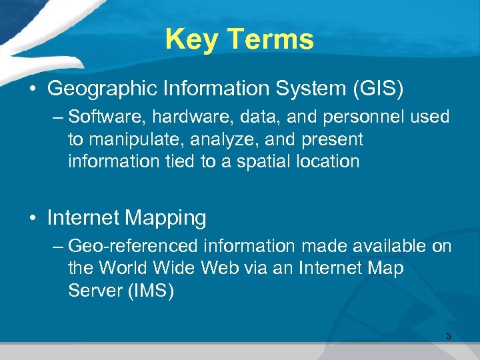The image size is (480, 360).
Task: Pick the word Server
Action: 95,291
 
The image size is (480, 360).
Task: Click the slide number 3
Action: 448,337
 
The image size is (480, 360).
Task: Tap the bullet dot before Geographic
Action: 34,88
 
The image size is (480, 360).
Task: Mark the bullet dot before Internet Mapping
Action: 34,218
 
